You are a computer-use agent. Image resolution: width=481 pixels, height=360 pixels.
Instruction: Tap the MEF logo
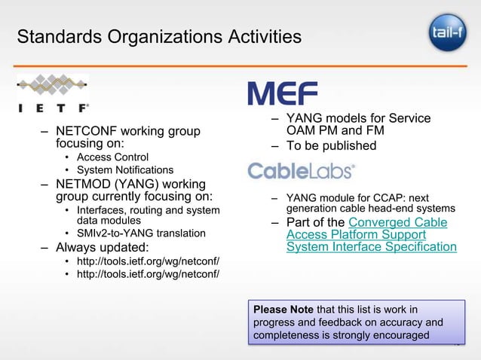(283, 93)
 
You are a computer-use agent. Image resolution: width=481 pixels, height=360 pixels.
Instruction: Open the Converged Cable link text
(397, 222)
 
